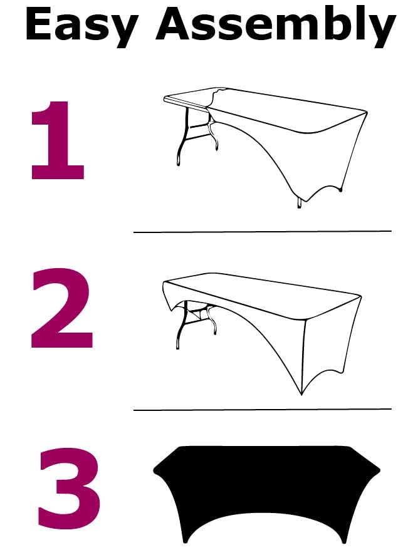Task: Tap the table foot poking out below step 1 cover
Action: click(299, 203)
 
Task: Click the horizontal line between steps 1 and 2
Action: click(262, 232)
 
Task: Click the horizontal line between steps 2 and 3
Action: click(262, 410)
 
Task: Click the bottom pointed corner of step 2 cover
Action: click(301, 394)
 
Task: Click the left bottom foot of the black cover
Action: click(186, 539)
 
